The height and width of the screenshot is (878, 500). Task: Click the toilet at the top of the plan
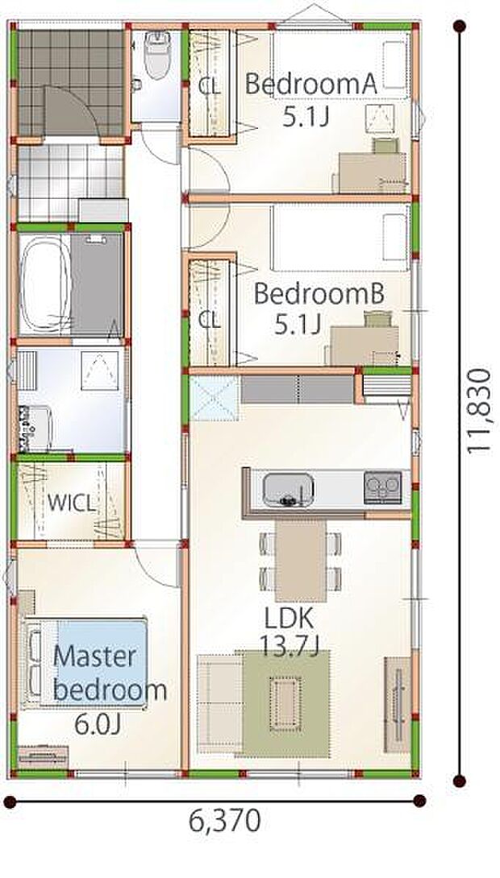157,54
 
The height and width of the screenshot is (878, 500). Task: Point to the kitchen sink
288,489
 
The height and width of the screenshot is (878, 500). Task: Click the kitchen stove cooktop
383,487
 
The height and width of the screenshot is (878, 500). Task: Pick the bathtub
46,285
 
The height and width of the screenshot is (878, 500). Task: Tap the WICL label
73,503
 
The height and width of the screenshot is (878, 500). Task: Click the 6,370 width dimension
225,821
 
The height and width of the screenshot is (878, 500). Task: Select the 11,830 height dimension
480,411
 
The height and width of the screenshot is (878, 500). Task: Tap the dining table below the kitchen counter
301,560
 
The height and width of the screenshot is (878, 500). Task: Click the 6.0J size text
98,725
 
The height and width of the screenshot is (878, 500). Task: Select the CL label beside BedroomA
209,87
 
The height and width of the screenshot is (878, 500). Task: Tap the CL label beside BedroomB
209,320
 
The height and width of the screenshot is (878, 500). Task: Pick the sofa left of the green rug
219,702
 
